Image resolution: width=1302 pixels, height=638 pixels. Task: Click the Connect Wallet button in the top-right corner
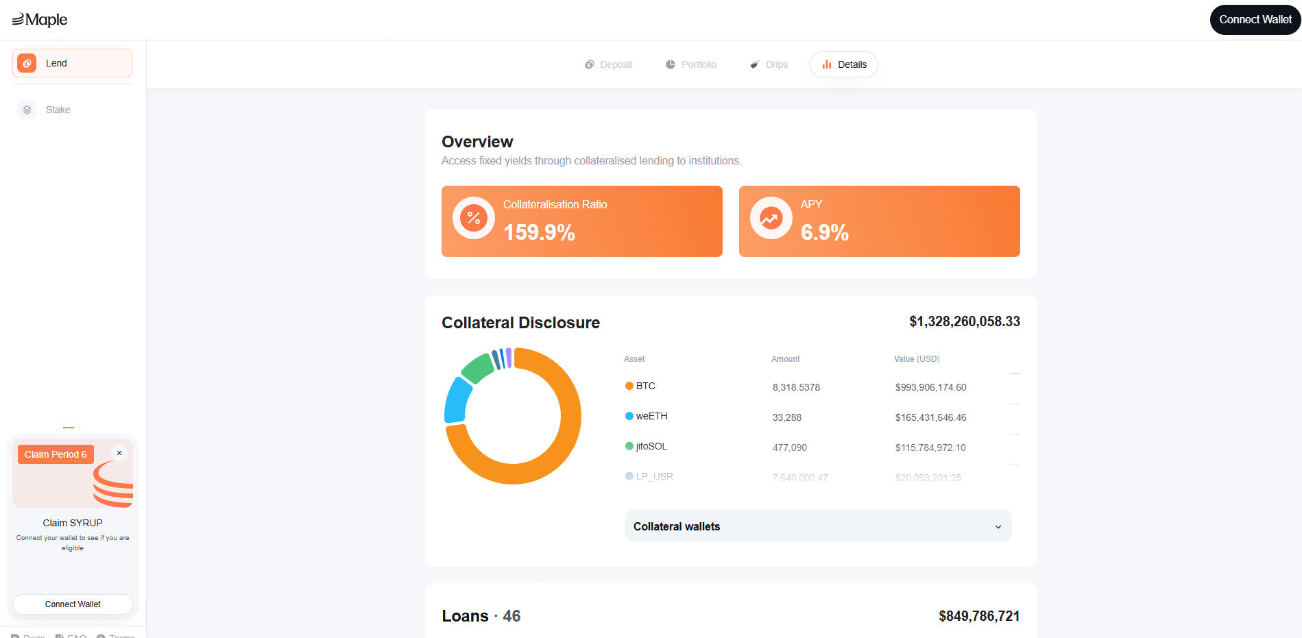pyautogui.click(x=1255, y=20)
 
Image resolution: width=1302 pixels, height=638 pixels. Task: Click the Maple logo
pyautogui.click(x=40, y=20)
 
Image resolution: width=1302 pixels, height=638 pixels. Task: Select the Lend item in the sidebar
pyautogui.click(x=72, y=63)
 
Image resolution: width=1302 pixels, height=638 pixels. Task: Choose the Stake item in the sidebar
pyautogui.click(x=58, y=110)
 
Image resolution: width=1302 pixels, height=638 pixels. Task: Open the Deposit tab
pyautogui.click(x=609, y=64)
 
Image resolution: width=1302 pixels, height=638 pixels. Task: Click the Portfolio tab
pyautogui.click(x=691, y=64)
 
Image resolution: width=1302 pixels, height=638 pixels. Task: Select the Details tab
pyautogui.click(x=844, y=64)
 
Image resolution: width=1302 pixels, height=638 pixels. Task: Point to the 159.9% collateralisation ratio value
pyautogui.click(x=539, y=232)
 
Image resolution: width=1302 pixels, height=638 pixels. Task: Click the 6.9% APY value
pyautogui.click(x=824, y=232)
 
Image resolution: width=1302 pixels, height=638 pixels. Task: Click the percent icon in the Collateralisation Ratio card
pyautogui.click(x=474, y=218)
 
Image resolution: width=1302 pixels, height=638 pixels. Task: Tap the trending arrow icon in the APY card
pyautogui.click(x=771, y=218)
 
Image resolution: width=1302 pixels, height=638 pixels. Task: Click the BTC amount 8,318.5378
pyautogui.click(x=796, y=387)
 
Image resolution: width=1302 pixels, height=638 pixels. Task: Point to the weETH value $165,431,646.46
pyautogui.click(x=930, y=417)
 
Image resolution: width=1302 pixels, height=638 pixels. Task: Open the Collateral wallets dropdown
pyautogui.click(x=818, y=526)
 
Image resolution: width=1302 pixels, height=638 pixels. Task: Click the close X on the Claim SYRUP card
pyautogui.click(x=119, y=453)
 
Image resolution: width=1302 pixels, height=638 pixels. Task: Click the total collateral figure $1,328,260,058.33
pyautogui.click(x=964, y=321)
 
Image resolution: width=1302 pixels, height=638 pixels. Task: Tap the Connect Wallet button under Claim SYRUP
pyautogui.click(x=73, y=604)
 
